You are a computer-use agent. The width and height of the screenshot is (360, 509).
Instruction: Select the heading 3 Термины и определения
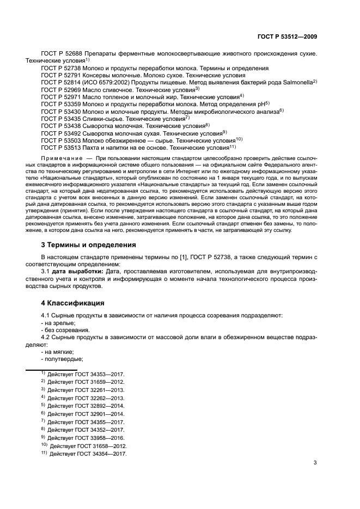(x=89, y=244)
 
